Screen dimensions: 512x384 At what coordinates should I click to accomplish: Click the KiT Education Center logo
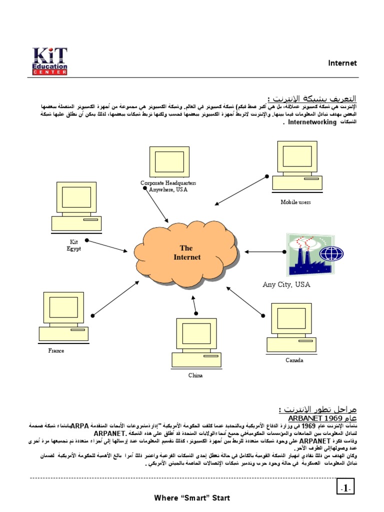(x=49, y=61)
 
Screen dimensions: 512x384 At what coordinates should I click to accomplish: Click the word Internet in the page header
(x=342, y=63)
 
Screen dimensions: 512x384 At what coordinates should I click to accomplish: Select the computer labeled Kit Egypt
(x=75, y=206)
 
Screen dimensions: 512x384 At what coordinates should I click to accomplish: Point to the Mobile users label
(x=295, y=202)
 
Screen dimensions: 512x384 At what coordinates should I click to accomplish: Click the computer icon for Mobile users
(x=296, y=166)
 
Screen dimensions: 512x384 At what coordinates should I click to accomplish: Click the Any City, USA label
(x=286, y=284)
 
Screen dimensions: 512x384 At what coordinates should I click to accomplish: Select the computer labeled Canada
(x=291, y=327)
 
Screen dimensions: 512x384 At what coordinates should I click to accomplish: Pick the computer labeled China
(x=196, y=342)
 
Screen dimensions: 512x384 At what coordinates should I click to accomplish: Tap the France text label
(x=56, y=350)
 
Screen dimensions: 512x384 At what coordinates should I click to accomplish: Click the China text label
(x=195, y=375)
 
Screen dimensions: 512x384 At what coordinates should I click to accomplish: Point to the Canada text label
(x=294, y=360)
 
